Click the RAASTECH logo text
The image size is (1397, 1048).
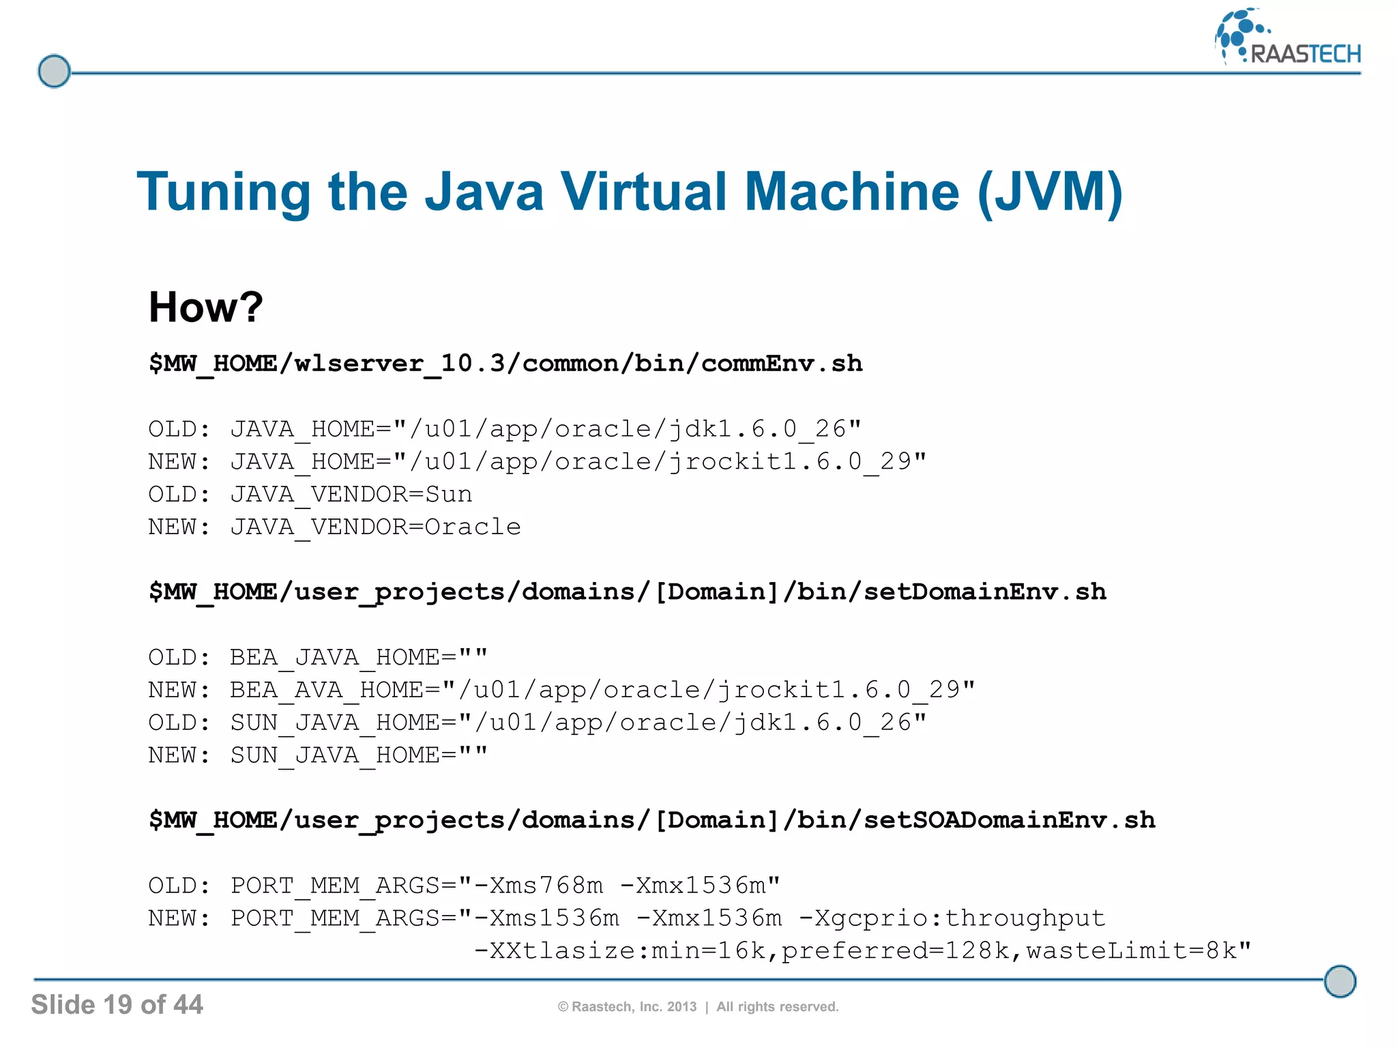(1305, 54)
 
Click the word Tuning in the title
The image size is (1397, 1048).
(224, 192)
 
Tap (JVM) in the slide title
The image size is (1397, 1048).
(1050, 192)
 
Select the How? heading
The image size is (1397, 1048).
(205, 306)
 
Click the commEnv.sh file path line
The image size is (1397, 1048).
(505, 363)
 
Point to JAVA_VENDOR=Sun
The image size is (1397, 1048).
(351, 494)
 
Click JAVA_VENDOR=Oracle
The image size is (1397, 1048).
(375, 527)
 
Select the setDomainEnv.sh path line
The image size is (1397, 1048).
(628, 591)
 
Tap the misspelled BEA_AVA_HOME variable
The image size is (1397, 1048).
(327, 690)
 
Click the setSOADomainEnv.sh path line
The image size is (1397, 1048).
(652, 819)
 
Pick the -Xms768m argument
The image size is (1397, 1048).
(538, 886)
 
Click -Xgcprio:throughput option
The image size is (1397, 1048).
(952, 918)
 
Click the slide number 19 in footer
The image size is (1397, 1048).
(117, 1004)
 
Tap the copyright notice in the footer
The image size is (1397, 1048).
(698, 1006)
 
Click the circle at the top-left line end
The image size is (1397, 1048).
(54, 71)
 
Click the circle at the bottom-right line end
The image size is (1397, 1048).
(1340, 981)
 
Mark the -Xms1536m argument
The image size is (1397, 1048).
(546, 918)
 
